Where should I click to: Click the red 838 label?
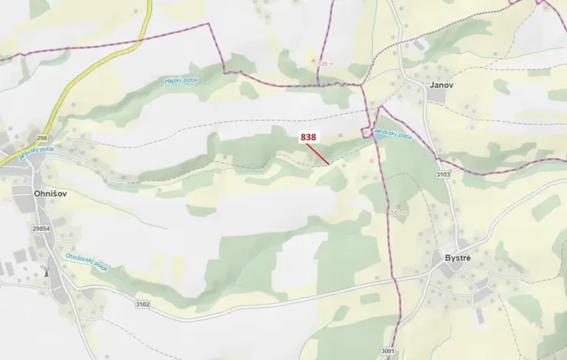309,137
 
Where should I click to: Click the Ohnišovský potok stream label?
86,262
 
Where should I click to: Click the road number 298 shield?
21,137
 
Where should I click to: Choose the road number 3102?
142,305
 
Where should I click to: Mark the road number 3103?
442,175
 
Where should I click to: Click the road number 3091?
386,352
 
